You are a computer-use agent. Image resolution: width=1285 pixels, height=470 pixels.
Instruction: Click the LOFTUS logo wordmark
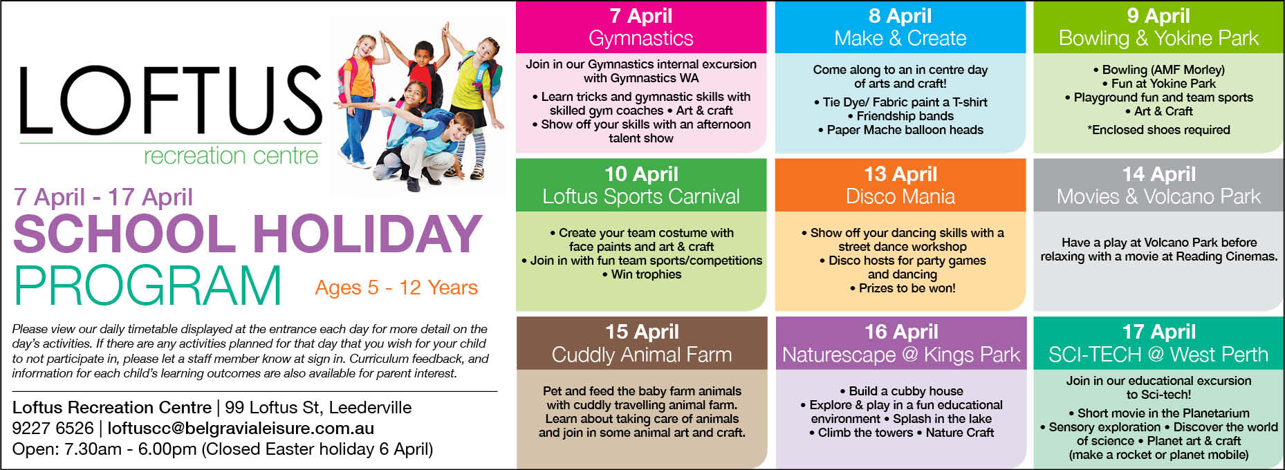pyautogui.click(x=170, y=100)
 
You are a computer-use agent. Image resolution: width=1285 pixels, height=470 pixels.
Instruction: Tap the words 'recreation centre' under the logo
pyautogui.click(x=231, y=156)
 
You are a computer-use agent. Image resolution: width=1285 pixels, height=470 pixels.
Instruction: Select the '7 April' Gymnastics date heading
pyautogui.click(x=640, y=16)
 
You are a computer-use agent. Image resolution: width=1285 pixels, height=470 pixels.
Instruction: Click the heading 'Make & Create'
pyautogui.click(x=900, y=38)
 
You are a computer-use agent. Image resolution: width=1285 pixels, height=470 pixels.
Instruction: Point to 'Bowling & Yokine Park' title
pyautogui.click(x=1158, y=38)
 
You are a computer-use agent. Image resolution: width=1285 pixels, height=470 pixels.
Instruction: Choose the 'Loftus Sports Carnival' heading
pyautogui.click(x=640, y=196)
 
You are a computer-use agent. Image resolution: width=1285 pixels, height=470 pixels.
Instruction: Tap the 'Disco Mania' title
pyautogui.click(x=900, y=196)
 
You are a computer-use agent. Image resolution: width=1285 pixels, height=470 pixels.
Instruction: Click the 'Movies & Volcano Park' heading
pyautogui.click(x=1158, y=196)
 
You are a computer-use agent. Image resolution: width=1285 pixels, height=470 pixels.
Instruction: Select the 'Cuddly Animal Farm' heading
pyautogui.click(x=641, y=355)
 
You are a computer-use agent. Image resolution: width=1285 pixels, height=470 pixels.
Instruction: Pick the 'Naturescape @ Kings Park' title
pyautogui.click(x=900, y=355)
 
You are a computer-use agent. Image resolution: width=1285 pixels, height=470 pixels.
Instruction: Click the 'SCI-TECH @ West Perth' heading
pyautogui.click(x=1158, y=355)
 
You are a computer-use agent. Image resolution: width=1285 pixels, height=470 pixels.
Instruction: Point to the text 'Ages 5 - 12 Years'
pyautogui.click(x=396, y=288)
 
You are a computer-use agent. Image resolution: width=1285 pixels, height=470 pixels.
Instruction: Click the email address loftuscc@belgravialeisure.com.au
pyautogui.click(x=241, y=429)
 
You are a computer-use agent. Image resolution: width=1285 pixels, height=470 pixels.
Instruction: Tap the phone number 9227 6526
pyautogui.click(x=53, y=429)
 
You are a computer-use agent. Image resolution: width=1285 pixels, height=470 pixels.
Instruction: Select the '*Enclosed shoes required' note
pyautogui.click(x=1158, y=130)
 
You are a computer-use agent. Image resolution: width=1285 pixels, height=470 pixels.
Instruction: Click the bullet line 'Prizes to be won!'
pyautogui.click(x=903, y=288)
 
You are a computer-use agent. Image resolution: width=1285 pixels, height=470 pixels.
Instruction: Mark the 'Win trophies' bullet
pyautogui.click(x=641, y=274)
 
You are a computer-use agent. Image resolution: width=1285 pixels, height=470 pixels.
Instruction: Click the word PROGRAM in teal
pyautogui.click(x=147, y=285)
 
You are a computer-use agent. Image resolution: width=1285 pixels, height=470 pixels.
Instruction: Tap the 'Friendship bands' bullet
pyautogui.click(x=900, y=116)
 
